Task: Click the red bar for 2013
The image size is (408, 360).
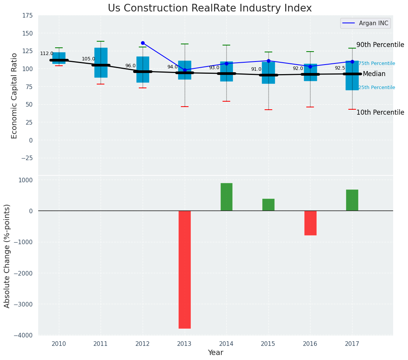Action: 185,269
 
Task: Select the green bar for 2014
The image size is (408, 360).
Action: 226,197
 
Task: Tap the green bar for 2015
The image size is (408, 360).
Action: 268,205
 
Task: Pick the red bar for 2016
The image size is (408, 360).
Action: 310,223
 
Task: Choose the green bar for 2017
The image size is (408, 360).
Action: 352,200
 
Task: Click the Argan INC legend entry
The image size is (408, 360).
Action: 366,23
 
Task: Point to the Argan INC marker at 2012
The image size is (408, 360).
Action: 143,43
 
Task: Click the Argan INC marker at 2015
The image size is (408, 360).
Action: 268,61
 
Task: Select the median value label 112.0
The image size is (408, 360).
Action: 47,54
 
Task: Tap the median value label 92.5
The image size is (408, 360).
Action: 340,68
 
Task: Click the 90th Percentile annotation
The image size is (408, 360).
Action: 380,45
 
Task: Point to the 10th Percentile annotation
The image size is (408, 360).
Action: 380,112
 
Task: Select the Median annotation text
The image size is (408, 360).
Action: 374,74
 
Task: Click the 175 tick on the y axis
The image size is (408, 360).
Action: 28,16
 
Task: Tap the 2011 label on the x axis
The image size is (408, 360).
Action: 101,344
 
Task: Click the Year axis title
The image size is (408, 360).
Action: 215,353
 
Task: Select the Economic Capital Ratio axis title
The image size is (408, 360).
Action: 15,96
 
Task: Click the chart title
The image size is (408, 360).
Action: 210,8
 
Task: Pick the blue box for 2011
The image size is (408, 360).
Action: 101,63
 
